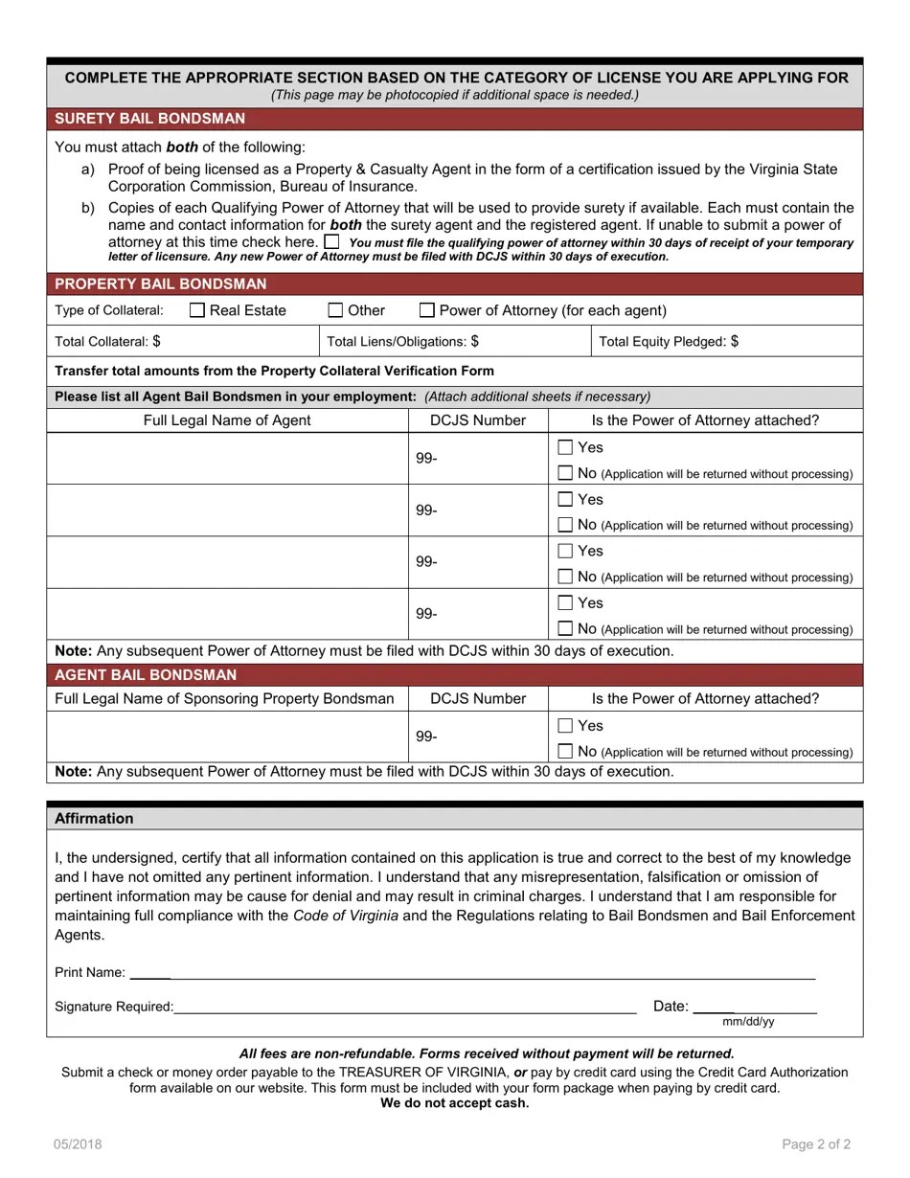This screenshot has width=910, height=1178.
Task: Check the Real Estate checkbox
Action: (x=197, y=310)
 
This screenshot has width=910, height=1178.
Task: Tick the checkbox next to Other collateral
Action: (x=335, y=310)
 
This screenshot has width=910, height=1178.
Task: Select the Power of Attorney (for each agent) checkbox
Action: (x=427, y=310)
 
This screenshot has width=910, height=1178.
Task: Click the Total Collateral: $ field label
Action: (x=107, y=341)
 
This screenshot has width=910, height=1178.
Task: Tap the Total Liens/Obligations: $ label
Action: (x=402, y=341)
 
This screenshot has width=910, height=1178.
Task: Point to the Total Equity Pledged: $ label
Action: (x=668, y=341)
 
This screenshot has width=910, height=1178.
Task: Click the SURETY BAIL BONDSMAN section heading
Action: (x=149, y=119)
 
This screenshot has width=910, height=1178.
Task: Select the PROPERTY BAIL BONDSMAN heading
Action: (x=160, y=284)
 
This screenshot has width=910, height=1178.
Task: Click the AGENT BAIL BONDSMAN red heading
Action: (x=145, y=674)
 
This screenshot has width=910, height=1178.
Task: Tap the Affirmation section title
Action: (x=94, y=818)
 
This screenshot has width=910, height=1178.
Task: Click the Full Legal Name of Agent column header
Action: (x=227, y=420)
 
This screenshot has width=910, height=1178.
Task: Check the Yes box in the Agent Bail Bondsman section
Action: (x=565, y=726)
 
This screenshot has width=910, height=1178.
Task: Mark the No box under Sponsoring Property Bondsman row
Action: (x=565, y=752)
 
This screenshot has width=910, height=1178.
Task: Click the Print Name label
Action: (x=89, y=972)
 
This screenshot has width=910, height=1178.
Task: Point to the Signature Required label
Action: (x=114, y=1007)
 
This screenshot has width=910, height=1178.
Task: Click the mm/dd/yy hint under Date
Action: (x=748, y=1022)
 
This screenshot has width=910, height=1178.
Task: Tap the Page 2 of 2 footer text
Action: (x=816, y=1144)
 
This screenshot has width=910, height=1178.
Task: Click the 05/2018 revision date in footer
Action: (x=78, y=1144)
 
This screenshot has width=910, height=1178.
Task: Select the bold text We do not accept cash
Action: (x=454, y=1102)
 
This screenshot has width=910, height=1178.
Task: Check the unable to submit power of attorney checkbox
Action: (x=331, y=241)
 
